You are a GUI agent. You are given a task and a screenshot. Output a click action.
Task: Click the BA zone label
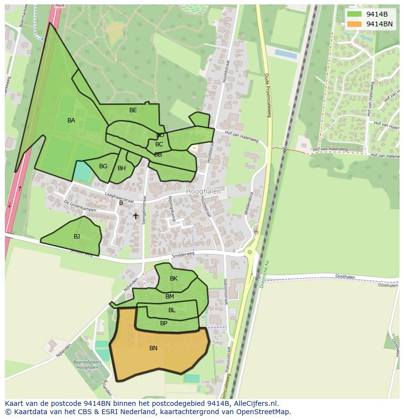click(71, 120)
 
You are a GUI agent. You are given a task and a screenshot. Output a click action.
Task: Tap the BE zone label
click(133, 110)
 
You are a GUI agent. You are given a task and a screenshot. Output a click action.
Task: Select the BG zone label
click(103, 166)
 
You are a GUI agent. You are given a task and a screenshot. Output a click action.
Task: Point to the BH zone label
click(121, 168)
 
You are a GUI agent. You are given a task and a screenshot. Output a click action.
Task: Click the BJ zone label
click(77, 237)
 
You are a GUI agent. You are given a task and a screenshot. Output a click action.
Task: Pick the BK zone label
click(174, 279)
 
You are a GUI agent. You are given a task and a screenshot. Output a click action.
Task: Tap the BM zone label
click(169, 297)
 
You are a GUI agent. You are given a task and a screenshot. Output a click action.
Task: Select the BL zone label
click(172, 310)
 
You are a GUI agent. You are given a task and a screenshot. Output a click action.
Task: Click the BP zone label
click(163, 323)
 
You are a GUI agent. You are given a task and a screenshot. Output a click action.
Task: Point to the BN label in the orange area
click(153, 348)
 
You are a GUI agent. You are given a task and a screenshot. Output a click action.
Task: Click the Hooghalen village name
click(203, 192)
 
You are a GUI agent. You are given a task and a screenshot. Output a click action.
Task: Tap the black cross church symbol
click(136, 216)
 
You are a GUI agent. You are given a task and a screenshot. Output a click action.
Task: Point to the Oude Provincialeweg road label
click(267, 95)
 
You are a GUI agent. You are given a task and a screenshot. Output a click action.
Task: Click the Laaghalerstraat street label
click(119, 197)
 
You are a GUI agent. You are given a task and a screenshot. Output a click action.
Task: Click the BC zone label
click(159, 144)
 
